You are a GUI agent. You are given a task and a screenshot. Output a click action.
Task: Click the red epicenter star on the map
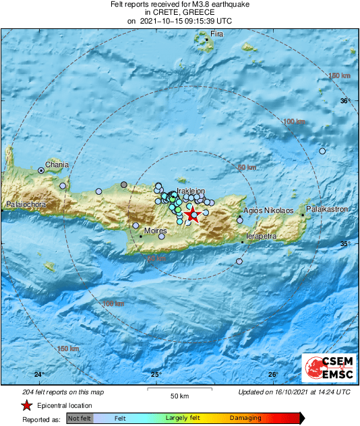pyautogui.click(x=192, y=215)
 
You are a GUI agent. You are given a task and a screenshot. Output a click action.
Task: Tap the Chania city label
pyautogui.click(x=57, y=164)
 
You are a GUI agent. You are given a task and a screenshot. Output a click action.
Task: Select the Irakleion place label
pyautogui.click(x=190, y=191)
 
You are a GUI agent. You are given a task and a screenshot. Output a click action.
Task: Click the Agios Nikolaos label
pyautogui.click(x=268, y=210)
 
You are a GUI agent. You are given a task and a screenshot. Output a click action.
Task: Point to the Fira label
pyautogui.click(x=216, y=34)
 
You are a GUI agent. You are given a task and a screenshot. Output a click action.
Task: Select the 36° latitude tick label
pyautogui.click(x=345, y=101)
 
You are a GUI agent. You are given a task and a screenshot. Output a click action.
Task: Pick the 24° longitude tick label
pyautogui.click(x=39, y=375)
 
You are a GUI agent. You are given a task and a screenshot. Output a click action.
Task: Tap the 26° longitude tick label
pyautogui.click(x=273, y=375)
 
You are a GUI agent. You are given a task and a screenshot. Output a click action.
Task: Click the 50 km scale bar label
pyautogui.click(x=179, y=395)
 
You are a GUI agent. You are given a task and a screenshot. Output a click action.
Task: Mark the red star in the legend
pyautogui.click(x=26, y=406)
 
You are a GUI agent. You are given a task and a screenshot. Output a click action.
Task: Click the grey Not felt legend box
pyautogui.click(x=81, y=419)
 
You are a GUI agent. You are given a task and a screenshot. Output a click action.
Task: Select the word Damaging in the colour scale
pyautogui.click(x=245, y=419)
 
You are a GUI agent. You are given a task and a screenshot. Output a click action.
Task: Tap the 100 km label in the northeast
pyautogui.click(x=293, y=121)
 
